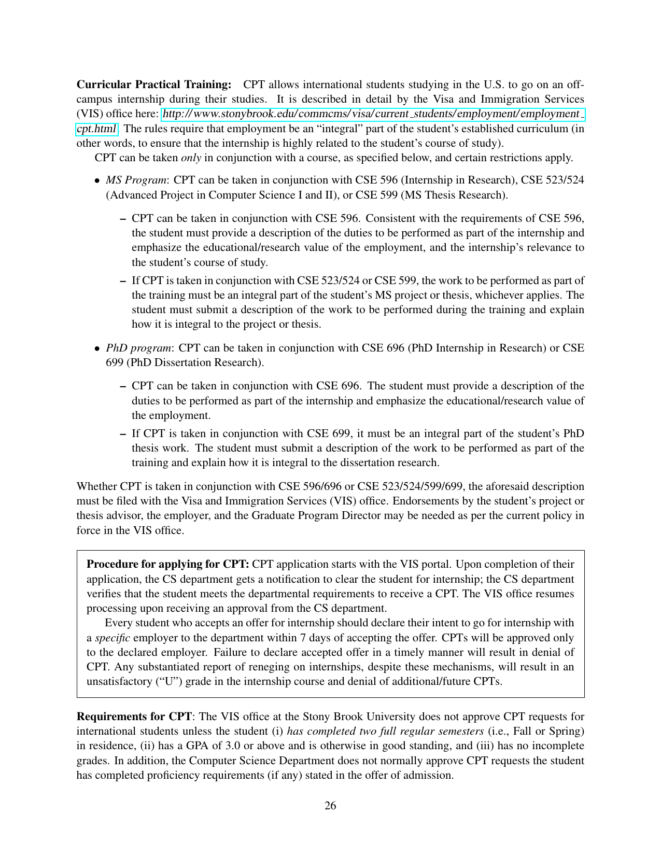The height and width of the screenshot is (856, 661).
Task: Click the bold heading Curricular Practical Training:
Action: [154, 85]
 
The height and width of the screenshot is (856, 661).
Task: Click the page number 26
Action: [330, 805]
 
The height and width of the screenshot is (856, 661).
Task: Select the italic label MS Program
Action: [136, 180]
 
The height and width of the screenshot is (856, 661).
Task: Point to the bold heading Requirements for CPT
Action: [134, 717]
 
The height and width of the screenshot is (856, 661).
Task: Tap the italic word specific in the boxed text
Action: [112, 638]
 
